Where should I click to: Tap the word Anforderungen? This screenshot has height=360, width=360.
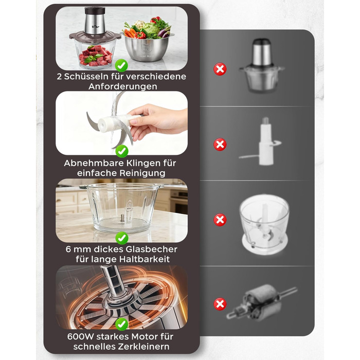coord(123,86)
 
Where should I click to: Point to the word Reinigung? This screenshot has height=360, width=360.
coord(142,173)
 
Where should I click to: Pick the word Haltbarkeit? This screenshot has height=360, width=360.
coord(144,259)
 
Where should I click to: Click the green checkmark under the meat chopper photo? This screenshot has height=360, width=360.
coord(121,65)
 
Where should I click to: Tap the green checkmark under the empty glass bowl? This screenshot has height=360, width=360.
coord(122,238)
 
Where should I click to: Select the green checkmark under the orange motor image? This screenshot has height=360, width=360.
coord(122,324)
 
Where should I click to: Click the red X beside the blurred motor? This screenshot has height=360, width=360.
coord(220,304)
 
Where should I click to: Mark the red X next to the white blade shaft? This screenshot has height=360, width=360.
coord(220,145)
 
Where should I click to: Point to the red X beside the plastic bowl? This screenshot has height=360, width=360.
coord(220,220)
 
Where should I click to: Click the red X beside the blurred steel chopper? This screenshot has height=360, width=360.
coord(220,69)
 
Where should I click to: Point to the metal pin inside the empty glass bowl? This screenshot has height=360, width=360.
coord(122,218)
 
